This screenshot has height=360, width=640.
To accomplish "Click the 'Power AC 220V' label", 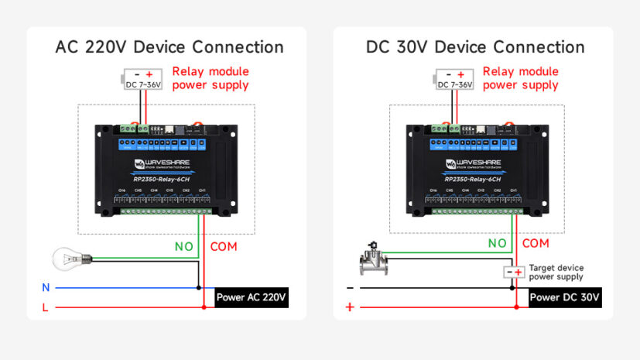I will click(x=251, y=297).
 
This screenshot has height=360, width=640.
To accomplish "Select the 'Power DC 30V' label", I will click(x=565, y=297).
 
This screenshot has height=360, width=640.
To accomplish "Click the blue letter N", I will click(x=46, y=287).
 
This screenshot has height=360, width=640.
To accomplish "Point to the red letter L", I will click(x=46, y=307).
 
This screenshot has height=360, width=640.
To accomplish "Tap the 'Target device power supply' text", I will click(x=556, y=272).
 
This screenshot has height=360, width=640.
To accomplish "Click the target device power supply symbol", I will click(x=513, y=272).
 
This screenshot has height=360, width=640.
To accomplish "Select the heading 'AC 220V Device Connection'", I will click(x=169, y=47).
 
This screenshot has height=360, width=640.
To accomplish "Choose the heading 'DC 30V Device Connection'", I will click(x=475, y=47).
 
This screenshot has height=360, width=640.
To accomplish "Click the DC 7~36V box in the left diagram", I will click(x=143, y=79).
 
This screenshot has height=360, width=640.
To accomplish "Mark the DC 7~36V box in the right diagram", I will click(x=454, y=79).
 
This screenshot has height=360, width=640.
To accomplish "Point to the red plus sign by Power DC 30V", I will click(x=350, y=307).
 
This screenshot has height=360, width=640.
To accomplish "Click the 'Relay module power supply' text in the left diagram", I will click(x=210, y=78).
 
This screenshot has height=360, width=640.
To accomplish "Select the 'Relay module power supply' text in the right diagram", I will click(x=521, y=78).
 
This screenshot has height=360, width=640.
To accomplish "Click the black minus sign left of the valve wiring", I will click(x=350, y=287).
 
